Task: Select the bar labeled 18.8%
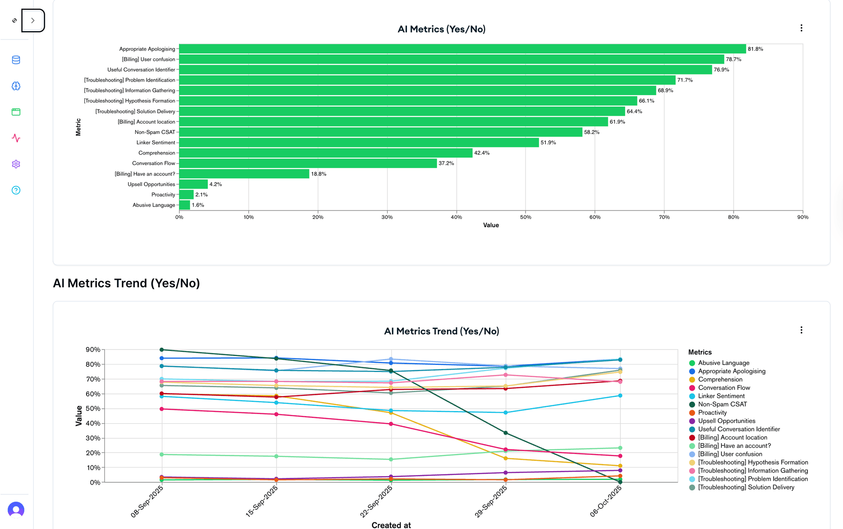[244, 174]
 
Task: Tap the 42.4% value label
[482, 153]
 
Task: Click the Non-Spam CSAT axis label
[155, 132]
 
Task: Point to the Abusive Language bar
[185, 205]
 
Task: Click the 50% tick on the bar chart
[526, 217]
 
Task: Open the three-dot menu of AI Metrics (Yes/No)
[801, 28]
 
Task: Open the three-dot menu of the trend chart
[801, 330]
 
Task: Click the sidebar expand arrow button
[33, 21]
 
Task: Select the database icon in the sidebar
[16, 60]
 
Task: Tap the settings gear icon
[16, 164]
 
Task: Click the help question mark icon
[16, 190]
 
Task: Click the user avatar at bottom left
[16, 510]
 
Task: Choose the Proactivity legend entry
[712, 413]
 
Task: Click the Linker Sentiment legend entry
[721, 396]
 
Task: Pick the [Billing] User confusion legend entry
[730, 454]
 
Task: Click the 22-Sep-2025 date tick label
[376, 501]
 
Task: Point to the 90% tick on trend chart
[93, 350]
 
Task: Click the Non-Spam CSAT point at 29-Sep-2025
[506, 433]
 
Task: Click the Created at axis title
[391, 525]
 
